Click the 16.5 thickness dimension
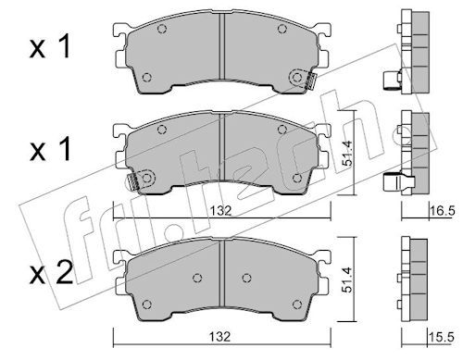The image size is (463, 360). coord(443,211)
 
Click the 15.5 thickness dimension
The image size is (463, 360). coord(442,337)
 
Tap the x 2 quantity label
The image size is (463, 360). coord(51,273)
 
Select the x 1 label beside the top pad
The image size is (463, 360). coord(50,46)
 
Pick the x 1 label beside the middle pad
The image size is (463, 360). coord(50,149)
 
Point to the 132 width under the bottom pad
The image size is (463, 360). coord(219,337)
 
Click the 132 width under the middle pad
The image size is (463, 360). coord(220,211)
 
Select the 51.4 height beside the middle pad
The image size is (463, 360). coord(347,154)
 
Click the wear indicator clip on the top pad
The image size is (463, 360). coord(310,81)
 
